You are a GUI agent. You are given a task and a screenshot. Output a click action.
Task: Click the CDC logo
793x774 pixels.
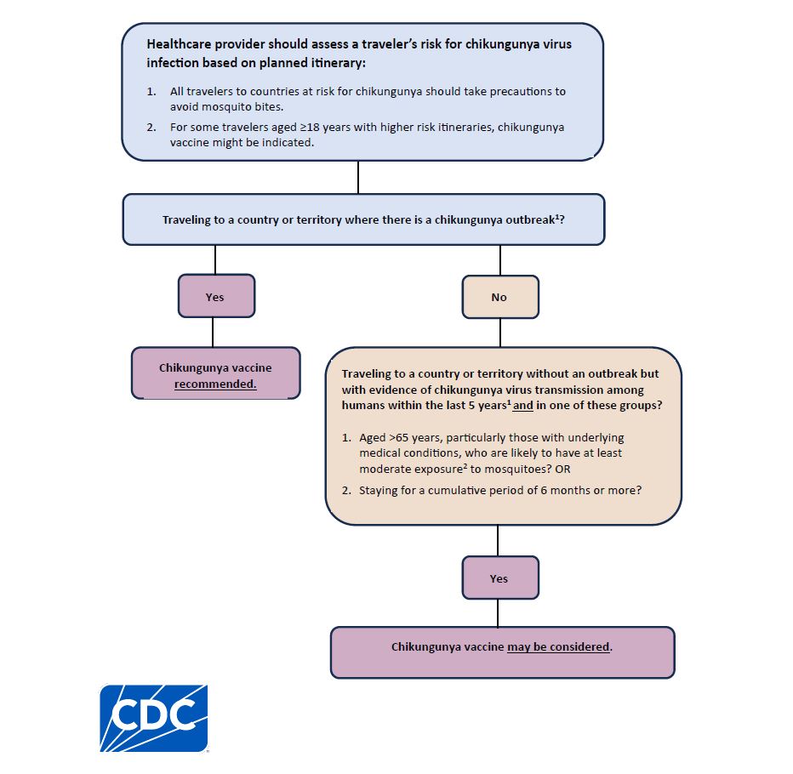point(154,718)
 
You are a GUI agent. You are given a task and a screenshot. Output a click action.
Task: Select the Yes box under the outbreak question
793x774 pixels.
point(215,297)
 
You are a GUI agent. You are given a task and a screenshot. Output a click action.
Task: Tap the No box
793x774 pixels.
point(499,297)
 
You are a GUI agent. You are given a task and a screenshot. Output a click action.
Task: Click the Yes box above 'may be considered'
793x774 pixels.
point(499,578)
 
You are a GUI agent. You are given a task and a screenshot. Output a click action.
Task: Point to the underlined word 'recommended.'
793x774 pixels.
point(215,384)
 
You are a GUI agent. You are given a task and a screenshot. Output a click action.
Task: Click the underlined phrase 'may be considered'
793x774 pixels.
point(558,646)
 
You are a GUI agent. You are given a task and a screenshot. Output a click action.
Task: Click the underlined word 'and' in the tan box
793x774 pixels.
point(523,406)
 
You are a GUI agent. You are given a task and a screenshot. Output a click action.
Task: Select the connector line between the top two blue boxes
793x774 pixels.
point(358,177)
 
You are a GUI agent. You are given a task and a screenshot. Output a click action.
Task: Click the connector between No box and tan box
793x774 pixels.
point(500,333)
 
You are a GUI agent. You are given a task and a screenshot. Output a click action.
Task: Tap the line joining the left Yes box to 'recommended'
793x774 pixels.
point(212,332)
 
